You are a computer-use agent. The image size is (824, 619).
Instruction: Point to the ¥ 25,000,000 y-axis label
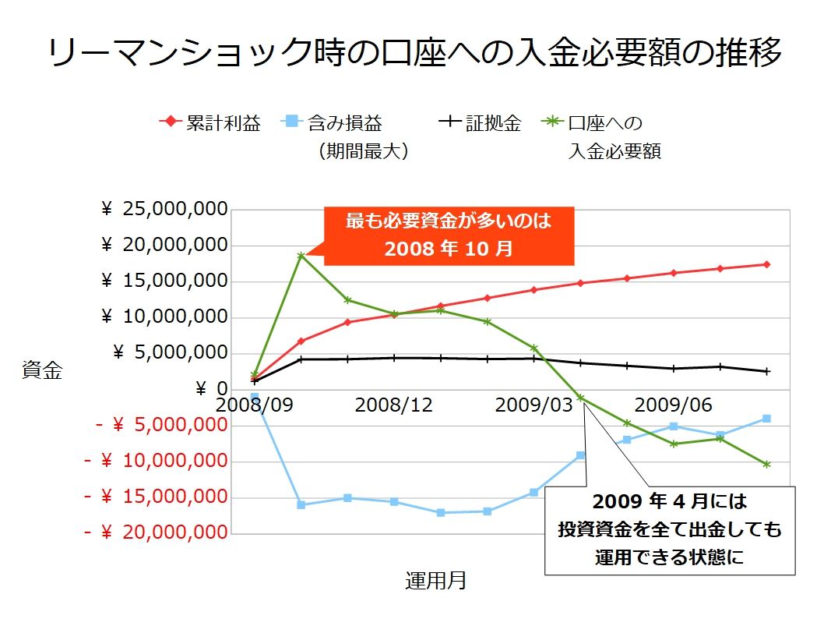(164, 209)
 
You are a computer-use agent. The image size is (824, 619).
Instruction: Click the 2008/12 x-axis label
(393, 405)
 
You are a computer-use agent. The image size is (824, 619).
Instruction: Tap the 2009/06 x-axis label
(674, 405)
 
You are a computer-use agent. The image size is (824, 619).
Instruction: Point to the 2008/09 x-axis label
(254, 405)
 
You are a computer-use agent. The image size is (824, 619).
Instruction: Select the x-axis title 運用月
(435, 580)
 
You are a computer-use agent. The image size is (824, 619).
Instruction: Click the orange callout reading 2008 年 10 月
(449, 235)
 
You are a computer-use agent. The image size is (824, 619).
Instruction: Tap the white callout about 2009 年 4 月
(669, 530)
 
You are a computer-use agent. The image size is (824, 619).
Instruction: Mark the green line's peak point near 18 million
(301, 255)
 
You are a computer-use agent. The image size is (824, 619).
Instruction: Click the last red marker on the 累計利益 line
(766, 264)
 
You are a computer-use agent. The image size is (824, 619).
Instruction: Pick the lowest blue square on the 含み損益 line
(441, 512)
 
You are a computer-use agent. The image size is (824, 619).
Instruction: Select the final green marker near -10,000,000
(766, 464)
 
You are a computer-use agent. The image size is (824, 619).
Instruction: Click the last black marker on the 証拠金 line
(766, 371)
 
